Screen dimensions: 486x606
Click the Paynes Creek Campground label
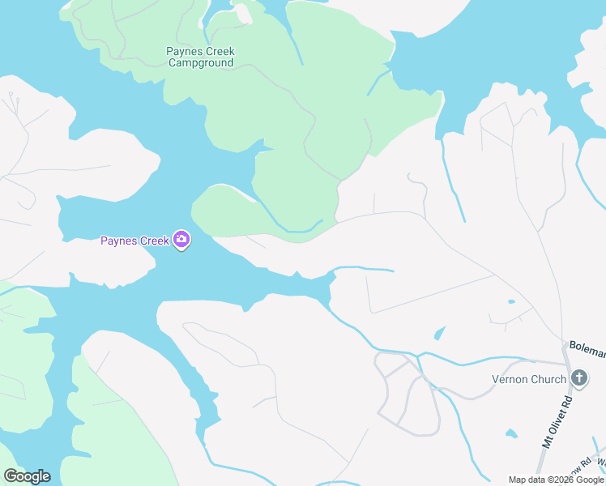(200, 57)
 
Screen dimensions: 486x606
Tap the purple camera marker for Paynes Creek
(181, 240)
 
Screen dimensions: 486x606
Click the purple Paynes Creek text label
(134, 241)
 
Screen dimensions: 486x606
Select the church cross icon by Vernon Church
(579, 378)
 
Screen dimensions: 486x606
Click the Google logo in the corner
(27, 476)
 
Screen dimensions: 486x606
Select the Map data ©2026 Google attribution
(556, 480)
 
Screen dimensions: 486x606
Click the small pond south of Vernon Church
(510, 434)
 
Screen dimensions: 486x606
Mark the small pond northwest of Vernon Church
(440, 333)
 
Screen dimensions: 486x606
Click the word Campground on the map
(200, 63)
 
